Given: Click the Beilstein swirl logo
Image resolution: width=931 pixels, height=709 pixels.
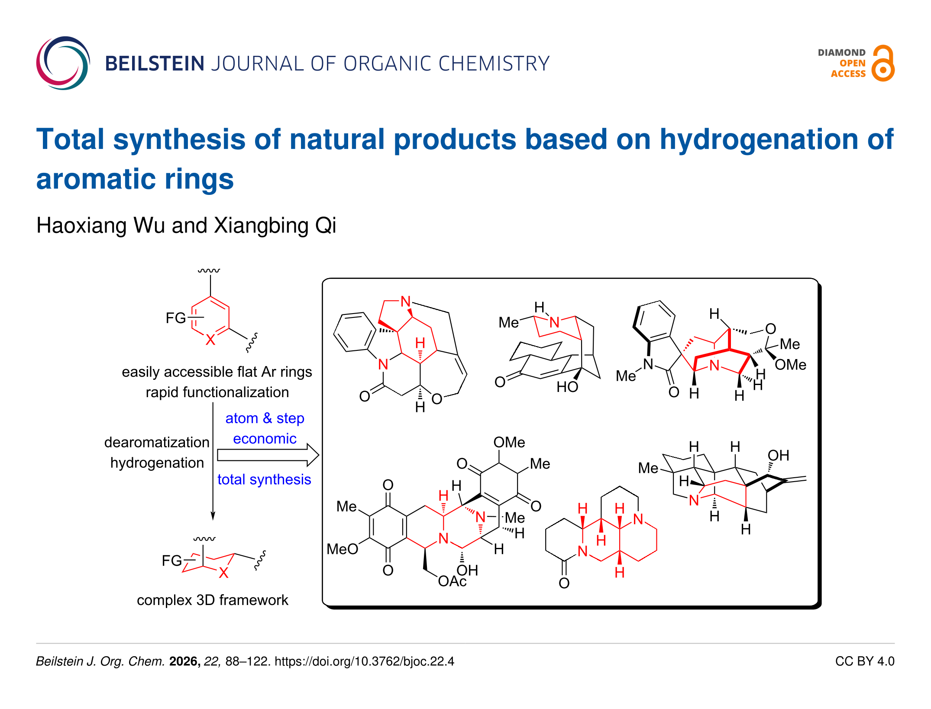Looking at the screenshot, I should pyautogui.click(x=63, y=63).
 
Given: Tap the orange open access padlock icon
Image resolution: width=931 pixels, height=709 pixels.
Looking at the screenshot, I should pyautogui.click(x=883, y=64).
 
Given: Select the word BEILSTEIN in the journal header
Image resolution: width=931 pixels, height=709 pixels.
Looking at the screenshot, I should pyautogui.click(x=155, y=64).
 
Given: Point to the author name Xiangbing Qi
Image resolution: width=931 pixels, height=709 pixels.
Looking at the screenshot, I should pyautogui.click(x=275, y=226).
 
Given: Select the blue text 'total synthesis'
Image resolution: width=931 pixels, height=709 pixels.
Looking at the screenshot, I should pyautogui.click(x=264, y=479).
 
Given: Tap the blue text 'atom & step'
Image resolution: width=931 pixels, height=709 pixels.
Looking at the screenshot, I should pyautogui.click(x=265, y=418).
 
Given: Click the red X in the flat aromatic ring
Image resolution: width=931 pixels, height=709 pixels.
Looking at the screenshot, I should pyautogui.click(x=210, y=340).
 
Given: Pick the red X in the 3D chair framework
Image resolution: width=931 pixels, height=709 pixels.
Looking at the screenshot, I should pyautogui.click(x=223, y=573).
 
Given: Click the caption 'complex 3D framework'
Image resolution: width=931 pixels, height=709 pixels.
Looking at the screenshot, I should pyautogui.click(x=212, y=600).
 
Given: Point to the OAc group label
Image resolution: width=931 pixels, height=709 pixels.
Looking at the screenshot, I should pyautogui.click(x=452, y=581).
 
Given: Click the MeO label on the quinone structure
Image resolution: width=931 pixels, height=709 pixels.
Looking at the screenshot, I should pyautogui.click(x=342, y=549).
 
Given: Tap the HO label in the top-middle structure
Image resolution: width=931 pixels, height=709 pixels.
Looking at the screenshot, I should pyautogui.click(x=567, y=387).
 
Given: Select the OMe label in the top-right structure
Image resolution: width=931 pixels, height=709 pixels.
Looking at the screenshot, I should pyautogui.click(x=790, y=365).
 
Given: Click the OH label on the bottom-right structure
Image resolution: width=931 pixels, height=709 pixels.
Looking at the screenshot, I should pyautogui.click(x=778, y=456).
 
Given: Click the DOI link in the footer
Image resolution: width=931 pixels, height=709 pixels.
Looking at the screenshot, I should pyautogui.click(x=364, y=661).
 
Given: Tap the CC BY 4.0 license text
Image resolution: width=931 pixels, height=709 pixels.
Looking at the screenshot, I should pyautogui.click(x=864, y=661).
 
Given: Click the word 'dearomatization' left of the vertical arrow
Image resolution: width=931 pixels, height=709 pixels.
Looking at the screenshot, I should pyautogui.click(x=157, y=442).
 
